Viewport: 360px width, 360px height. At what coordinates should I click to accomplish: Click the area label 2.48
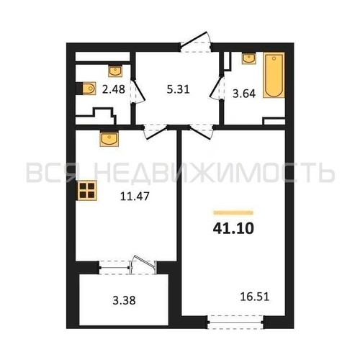(x=114, y=89)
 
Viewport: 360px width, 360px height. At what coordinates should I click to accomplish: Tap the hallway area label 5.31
(x=178, y=89)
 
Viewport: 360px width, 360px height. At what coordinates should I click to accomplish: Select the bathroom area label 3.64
(x=244, y=94)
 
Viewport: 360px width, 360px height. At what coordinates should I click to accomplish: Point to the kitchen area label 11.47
(x=135, y=197)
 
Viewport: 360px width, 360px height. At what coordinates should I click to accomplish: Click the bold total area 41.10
(x=233, y=228)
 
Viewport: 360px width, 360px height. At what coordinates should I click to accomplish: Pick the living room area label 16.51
(x=255, y=297)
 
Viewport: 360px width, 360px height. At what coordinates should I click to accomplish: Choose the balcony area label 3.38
(x=124, y=300)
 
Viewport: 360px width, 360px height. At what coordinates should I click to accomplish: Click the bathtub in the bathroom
(x=274, y=75)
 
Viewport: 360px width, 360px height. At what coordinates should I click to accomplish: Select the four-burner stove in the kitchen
(x=87, y=190)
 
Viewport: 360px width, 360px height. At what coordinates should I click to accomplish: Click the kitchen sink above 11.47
(x=109, y=139)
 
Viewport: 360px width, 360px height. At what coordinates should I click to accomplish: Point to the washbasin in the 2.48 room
(x=115, y=71)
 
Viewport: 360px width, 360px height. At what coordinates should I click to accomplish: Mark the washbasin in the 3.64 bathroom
(x=249, y=58)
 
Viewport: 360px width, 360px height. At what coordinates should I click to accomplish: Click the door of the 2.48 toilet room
(x=138, y=91)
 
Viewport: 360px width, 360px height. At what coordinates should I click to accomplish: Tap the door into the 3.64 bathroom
(x=217, y=88)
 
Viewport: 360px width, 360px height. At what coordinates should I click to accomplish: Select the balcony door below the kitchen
(x=143, y=264)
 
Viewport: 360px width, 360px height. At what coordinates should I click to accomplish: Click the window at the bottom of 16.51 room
(x=235, y=323)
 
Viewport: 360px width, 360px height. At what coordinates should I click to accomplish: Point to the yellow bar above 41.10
(x=233, y=212)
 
